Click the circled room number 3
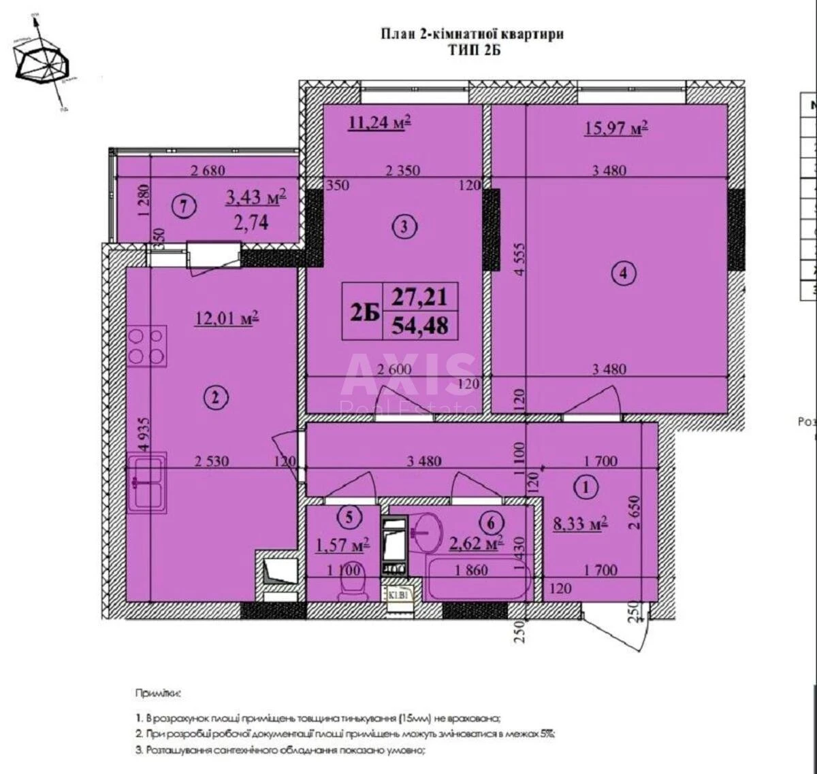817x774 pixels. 404,227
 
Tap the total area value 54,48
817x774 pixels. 420,326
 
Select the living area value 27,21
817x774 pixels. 420,298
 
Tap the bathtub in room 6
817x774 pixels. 477,579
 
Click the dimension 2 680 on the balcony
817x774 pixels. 207,171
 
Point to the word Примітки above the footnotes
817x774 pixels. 159,694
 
